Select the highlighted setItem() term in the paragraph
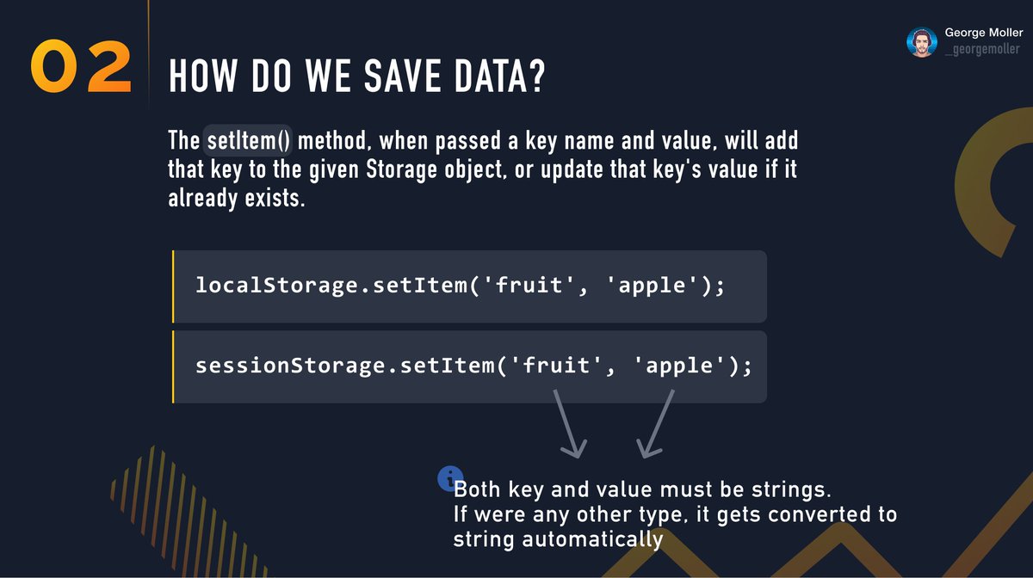249,140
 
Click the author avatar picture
921,42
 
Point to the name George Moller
984,33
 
